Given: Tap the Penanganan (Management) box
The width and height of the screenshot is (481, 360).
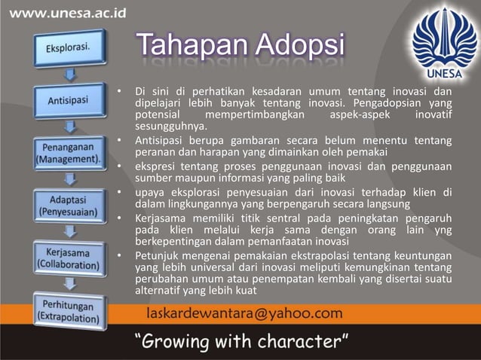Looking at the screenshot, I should [x=69, y=153].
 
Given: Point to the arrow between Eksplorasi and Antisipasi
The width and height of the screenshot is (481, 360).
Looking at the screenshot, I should [x=69, y=73].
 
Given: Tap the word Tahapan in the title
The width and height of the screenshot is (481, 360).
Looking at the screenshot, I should [x=191, y=47].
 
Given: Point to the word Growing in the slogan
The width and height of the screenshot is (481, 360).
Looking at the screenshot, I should [x=188, y=342].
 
